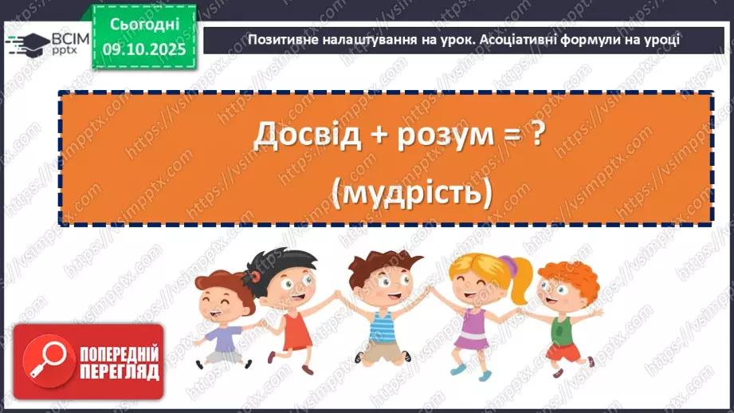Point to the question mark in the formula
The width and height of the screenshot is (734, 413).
pos(538,135)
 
